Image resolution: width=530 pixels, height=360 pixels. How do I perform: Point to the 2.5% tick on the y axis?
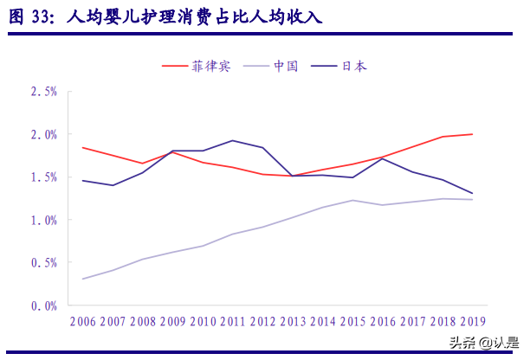[x=43, y=92]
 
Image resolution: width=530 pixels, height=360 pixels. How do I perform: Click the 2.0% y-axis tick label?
[x=43, y=134]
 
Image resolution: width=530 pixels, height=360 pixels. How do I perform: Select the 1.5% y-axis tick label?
[x=43, y=177]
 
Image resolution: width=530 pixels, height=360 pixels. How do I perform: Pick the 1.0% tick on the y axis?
[x=43, y=220]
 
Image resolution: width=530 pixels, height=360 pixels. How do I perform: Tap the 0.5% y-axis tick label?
[x=43, y=262]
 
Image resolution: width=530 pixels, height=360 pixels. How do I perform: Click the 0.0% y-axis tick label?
[x=43, y=305]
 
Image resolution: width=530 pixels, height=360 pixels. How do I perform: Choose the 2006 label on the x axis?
[x=83, y=322]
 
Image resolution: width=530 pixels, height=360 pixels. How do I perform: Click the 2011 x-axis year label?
[x=233, y=322]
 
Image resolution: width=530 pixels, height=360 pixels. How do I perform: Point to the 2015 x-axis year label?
[x=352, y=322]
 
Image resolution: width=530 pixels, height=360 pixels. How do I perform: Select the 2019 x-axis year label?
[x=472, y=322]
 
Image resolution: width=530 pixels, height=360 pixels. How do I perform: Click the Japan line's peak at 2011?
[x=233, y=140]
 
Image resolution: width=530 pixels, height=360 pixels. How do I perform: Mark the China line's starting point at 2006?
[x=83, y=279]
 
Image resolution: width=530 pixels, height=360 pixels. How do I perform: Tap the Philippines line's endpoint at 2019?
[x=472, y=134]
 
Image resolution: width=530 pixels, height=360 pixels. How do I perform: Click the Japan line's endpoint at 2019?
[x=472, y=193]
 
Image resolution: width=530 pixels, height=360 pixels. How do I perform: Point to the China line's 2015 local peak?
[x=352, y=200]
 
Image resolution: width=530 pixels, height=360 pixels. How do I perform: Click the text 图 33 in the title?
[x=31, y=16]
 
